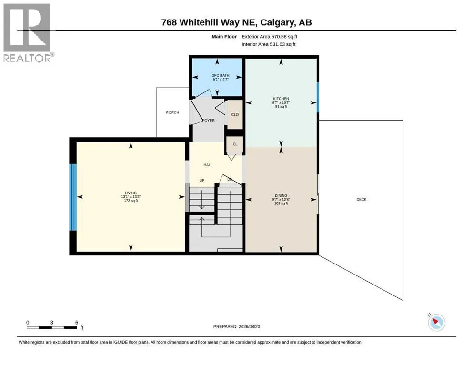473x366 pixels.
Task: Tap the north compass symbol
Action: pos(436,322)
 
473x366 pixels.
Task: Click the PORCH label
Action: pos(172,112)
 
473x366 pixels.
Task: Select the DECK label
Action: pos(362,200)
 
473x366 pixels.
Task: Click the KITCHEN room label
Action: pos(281,99)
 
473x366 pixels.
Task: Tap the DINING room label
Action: pos(281,195)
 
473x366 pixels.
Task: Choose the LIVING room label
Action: pos(131,193)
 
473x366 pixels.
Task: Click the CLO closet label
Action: pos(235,115)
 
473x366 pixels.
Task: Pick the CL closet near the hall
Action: pos(235,144)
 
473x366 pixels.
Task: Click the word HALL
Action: pos(208,165)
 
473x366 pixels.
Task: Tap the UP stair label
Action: pos(202,181)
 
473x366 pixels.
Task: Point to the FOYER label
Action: pos(209,121)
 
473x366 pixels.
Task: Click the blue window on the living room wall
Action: pos(73,197)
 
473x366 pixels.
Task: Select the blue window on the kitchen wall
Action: pos(318,97)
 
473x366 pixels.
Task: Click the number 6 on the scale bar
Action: pos(77,323)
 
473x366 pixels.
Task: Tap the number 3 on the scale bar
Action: pos(52,323)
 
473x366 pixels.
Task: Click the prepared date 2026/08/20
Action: pos(249,326)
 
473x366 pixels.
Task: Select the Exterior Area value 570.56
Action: pos(279,37)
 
